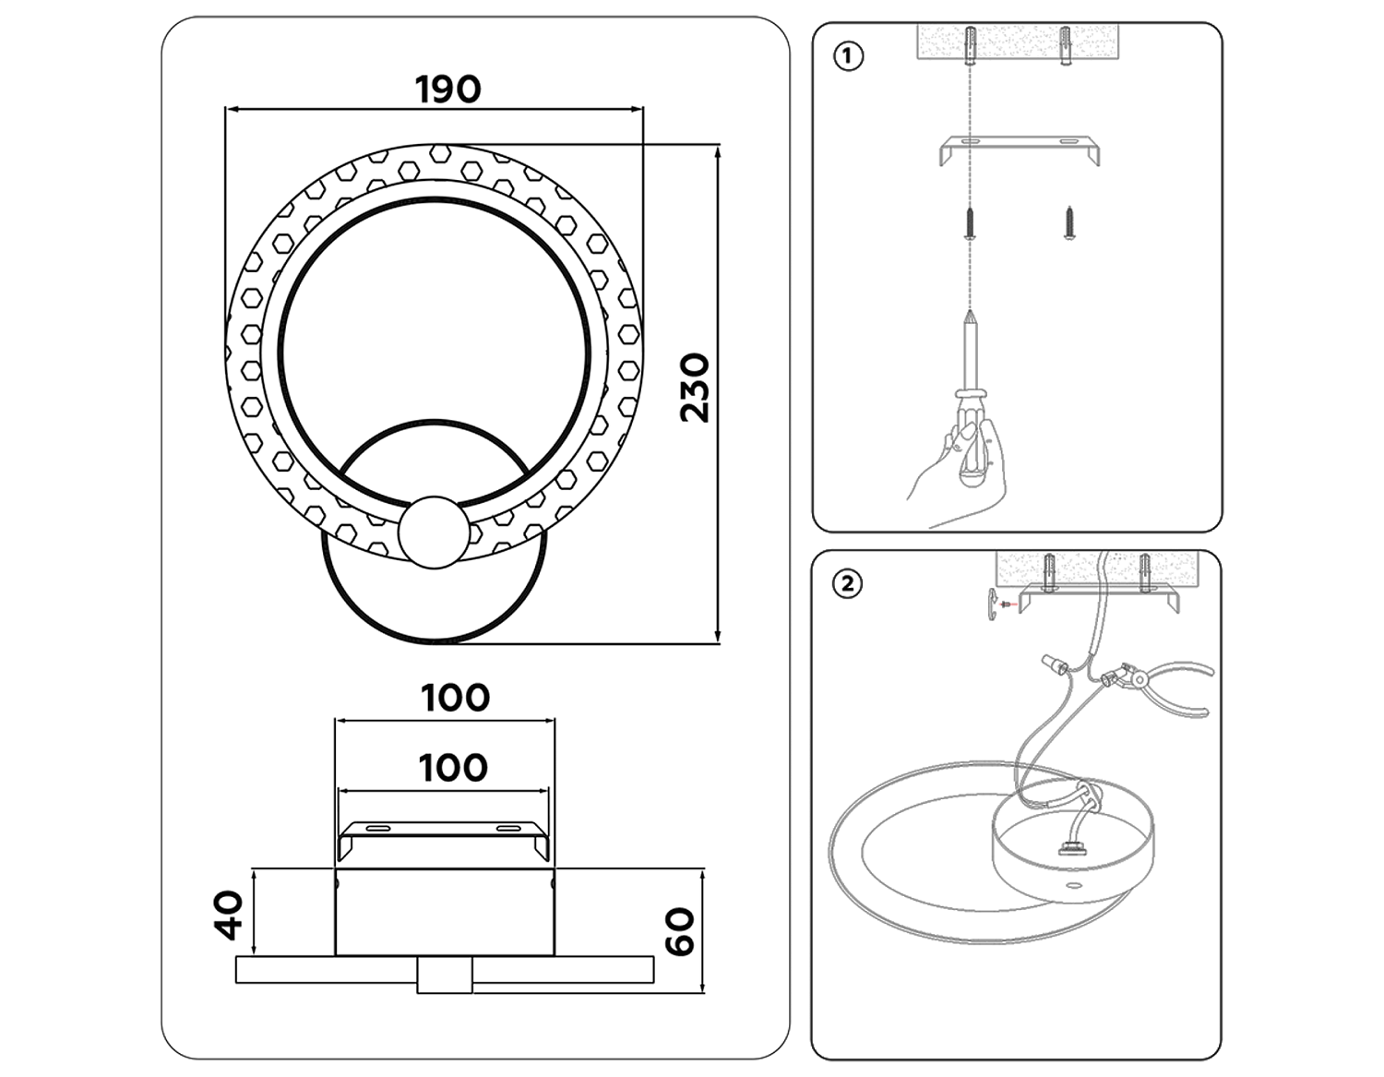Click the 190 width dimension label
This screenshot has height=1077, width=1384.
click(447, 90)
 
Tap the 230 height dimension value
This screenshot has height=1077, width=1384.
click(694, 388)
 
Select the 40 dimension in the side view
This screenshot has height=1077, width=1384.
click(229, 914)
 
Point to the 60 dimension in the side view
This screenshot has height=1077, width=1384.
click(680, 931)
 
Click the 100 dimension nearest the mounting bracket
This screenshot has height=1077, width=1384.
click(452, 767)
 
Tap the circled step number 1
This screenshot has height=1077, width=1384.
click(848, 56)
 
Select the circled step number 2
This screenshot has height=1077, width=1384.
click(847, 584)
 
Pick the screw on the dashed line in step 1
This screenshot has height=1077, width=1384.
click(969, 223)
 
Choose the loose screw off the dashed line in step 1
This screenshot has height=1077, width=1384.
click(1069, 223)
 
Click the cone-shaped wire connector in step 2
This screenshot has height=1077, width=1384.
click(1049, 662)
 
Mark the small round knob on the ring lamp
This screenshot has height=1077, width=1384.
click(433, 533)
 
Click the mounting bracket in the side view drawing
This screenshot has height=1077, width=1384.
click(443, 835)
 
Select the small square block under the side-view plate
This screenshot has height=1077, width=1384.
click(444, 975)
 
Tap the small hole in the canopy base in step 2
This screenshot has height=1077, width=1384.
click(1073, 885)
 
